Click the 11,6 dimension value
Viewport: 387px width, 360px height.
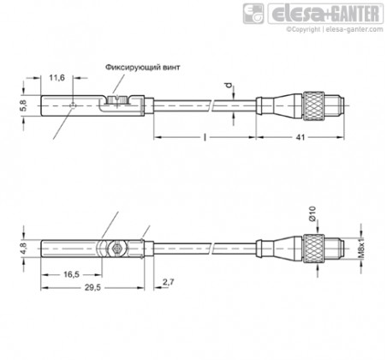[57, 78]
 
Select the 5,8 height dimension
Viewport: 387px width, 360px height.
[24, 105]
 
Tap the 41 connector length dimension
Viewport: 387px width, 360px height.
[301, 137]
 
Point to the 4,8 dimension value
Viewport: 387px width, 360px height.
[24, 249]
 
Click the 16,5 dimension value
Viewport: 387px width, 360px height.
[71, 274]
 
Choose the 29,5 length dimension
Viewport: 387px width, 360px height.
[92, 287]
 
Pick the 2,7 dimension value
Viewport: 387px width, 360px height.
[169, 282]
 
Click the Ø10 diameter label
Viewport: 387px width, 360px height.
[313, 213]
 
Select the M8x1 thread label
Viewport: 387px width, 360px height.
[361, 248]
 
